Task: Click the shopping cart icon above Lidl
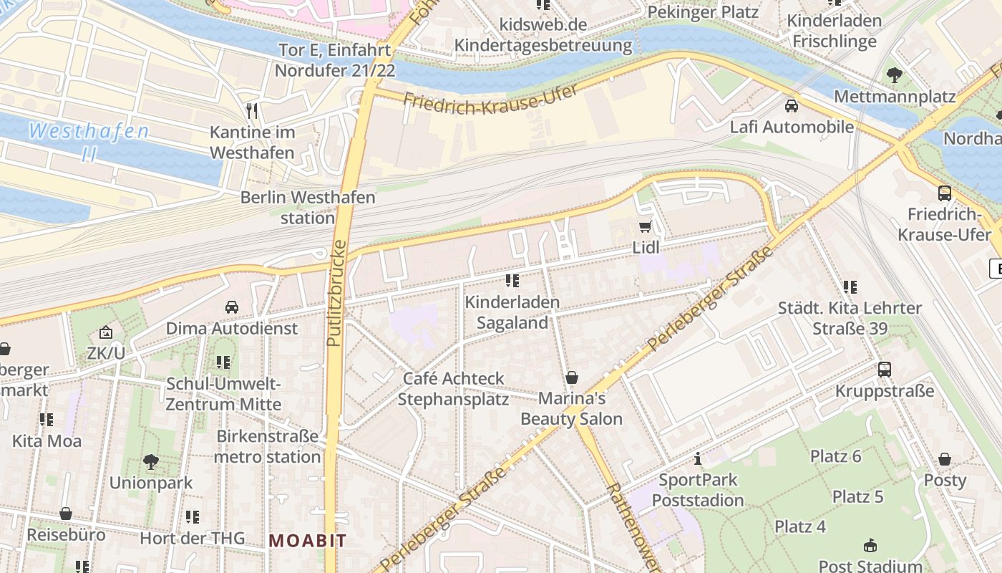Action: (645, 227)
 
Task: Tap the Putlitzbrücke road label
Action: (336, 294)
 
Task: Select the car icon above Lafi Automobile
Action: (791, 106)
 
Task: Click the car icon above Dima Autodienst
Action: (231, 307)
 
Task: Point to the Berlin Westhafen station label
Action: (308, 207)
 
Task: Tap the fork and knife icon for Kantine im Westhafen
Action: (252, 111)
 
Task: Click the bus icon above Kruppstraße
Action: (885, 370)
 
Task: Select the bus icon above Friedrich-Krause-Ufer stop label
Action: (945, 193)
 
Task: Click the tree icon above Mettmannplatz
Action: (894, 74)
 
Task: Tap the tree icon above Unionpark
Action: (150, 461)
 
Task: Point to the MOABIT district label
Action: (308, 541)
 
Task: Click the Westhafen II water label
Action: (89, 142)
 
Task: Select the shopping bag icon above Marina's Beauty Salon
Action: (571, 377)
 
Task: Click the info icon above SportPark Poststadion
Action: (698, 458)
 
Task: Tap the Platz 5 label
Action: (857, 496)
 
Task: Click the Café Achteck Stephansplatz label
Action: (453, 388)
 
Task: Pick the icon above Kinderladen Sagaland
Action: (512, 281)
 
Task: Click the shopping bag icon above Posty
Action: (945, 459)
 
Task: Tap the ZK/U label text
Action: (106, 352)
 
